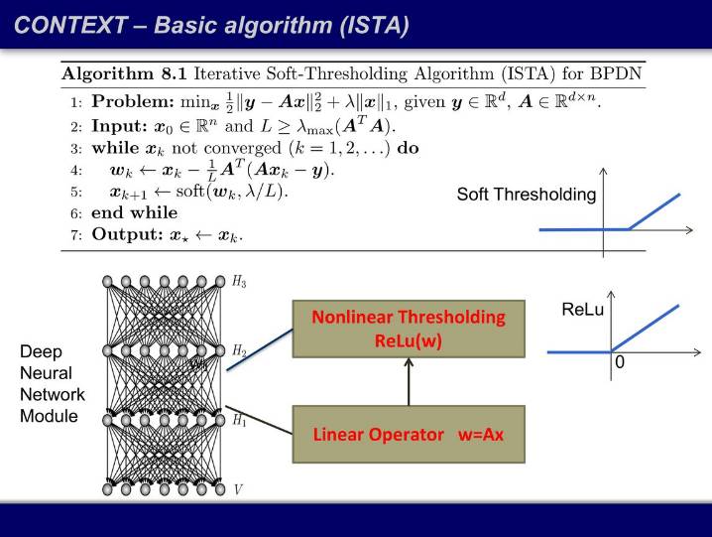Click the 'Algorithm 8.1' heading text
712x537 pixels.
tap(126, 73)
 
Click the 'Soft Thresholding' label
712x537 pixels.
tap(527, 195)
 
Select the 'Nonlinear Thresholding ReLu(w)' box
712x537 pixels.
tap(408, 329)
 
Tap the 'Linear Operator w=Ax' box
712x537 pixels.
tap(408, 435)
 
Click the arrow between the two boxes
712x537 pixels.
tap(408, 382)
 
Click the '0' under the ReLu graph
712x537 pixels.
tap(620, 364)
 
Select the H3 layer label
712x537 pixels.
tap(239, 283)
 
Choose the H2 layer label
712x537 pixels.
tap(239, 351)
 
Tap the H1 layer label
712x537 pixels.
tap(239, 420)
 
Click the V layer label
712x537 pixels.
tap(237, 488)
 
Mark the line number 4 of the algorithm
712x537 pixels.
tap(75, 171)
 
